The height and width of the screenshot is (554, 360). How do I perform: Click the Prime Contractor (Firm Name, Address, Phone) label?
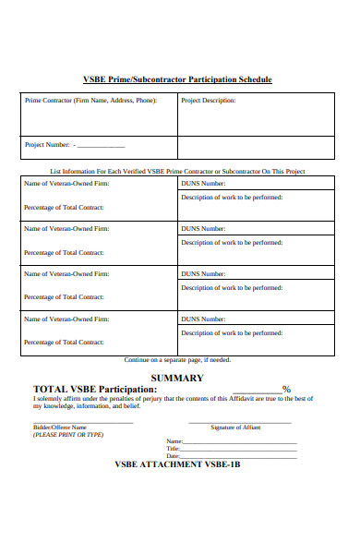(90, 100)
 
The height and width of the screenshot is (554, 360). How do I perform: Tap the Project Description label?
(208, 100)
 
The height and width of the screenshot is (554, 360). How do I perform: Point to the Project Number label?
(47, 146)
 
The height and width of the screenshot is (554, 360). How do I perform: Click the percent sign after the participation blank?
(286, 389)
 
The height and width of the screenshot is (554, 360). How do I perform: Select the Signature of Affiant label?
(235, 428)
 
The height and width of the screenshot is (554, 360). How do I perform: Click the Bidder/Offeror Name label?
(60, 428)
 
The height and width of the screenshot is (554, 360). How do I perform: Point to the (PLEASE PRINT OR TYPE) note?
(68, 434)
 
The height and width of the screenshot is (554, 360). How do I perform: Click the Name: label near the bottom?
(174, 441)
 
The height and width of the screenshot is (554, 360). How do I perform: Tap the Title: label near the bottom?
(173, 449)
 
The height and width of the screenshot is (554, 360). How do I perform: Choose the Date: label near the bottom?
(173, 456)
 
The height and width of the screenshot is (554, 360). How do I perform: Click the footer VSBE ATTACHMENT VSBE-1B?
(177, 464)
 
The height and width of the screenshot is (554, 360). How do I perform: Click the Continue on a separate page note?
(177, 359)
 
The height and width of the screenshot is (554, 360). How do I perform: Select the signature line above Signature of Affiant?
(239, 423)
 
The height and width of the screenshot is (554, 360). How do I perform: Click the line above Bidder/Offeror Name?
(83, 423)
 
